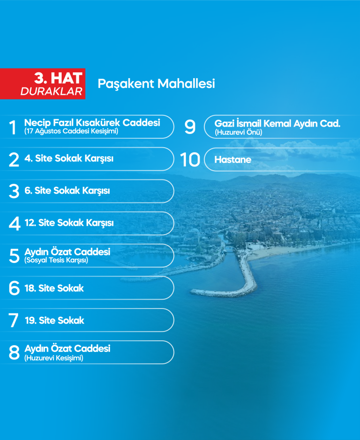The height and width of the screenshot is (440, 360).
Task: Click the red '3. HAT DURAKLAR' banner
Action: pos(43,84)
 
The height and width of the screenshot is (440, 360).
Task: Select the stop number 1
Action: pos(13,128)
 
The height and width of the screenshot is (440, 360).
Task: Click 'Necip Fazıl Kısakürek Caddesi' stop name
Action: pos(92,123)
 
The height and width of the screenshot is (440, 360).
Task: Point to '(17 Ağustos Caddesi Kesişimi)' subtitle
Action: pos(71,132)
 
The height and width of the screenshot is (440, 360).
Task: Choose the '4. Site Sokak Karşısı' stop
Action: pos(69,158)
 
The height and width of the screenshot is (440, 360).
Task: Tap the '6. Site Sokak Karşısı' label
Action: pos(67,191)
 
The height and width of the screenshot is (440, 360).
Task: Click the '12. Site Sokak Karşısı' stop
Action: pos(69,223)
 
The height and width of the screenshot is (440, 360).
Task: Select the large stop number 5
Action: pos(14,256)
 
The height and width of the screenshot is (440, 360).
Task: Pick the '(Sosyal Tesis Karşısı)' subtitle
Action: pos(56,261)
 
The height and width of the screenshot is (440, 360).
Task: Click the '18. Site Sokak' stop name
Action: pos(54,288)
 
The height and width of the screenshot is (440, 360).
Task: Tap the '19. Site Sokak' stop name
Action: pos(54,320)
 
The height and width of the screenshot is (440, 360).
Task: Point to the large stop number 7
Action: pos(14,320)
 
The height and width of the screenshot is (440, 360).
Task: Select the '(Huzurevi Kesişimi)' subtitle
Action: pos(54,358)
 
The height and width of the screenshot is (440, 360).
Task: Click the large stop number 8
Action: pos(14,352)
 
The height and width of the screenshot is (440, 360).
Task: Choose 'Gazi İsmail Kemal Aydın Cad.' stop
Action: pos(277,124)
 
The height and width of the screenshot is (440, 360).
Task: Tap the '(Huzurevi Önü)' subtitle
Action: pos(238,132)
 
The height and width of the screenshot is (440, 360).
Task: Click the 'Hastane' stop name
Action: pos(233,160)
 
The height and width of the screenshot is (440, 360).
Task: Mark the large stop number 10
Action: pos(190,160)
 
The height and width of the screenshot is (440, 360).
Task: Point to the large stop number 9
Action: pos(190,127)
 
